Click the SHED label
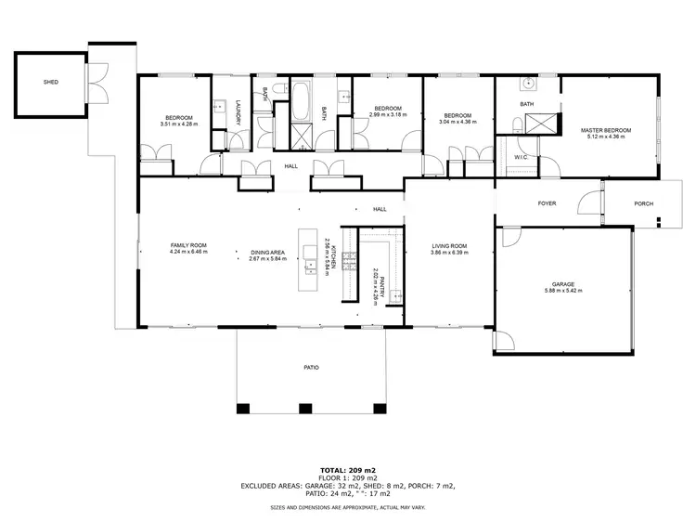click(x=51, y=82)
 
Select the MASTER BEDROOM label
click(x=602, y=131)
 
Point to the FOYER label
click(x=547, y=202)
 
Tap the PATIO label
click(x=312, y=368)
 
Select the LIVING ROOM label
click(x=449, y=246)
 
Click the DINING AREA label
click(x=266, y=252)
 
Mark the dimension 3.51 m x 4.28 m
click(x=180, y=124)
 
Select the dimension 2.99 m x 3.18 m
click(x=387, y=114)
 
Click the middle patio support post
click(x=305, y=408)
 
